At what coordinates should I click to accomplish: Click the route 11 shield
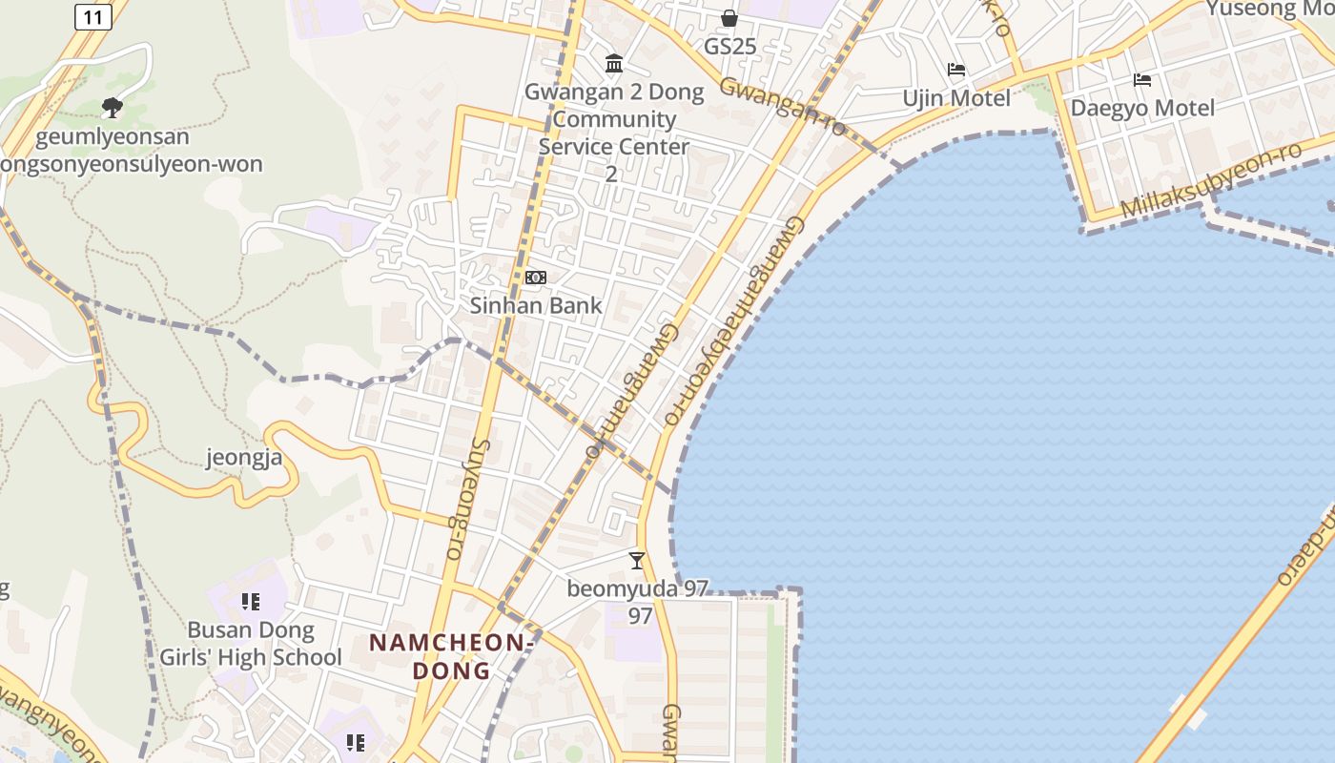[92, 16]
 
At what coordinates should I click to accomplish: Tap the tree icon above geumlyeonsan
[113, 107]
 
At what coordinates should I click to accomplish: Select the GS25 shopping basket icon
[729, 18]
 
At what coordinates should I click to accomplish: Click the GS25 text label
[729, 46]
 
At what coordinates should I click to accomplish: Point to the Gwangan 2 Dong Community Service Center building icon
[615, 64]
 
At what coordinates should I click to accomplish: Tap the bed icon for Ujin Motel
[956, 70]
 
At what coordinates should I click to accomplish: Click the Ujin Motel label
[956, 98]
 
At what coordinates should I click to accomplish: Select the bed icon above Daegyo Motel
[1142, 80]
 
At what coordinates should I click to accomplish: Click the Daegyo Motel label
[1142, 108]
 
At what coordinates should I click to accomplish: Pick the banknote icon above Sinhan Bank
[536, 278]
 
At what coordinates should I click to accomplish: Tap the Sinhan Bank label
[536, 305]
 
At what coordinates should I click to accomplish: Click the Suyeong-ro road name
[466, 498]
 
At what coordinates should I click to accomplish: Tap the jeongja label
[244, 458]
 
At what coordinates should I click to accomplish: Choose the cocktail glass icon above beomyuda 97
[637, 561]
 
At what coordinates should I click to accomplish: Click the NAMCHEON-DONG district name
[450, 656]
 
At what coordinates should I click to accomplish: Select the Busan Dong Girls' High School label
[250, 644]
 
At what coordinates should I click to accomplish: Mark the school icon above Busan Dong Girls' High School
[251, 602]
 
